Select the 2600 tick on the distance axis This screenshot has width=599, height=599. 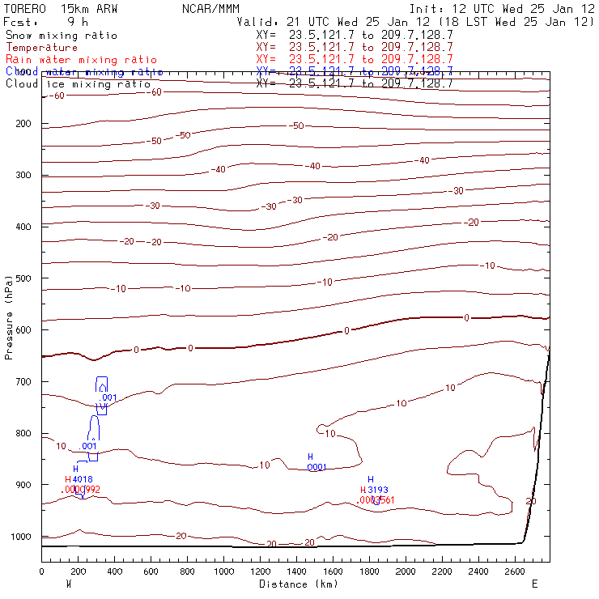[x=516, y=571]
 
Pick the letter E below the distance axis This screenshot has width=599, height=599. [x=534, y=584]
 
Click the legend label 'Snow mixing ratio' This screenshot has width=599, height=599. [x=61, y=36]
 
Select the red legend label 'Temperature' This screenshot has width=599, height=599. [x=41, y=48]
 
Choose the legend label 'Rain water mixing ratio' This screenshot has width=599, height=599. [x=81, y=60]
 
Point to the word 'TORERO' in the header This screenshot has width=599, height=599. [x=24, y=9]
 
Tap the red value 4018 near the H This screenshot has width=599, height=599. [x=83, y=479]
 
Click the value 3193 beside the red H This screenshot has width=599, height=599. [x=378, y=490]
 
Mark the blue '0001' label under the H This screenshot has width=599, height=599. [x=316, y=467]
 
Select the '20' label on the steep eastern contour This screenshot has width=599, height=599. [x=531, y=502]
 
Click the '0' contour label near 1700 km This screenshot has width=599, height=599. [x=346, y=330]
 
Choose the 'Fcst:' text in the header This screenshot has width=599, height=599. [x=20, y=22]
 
